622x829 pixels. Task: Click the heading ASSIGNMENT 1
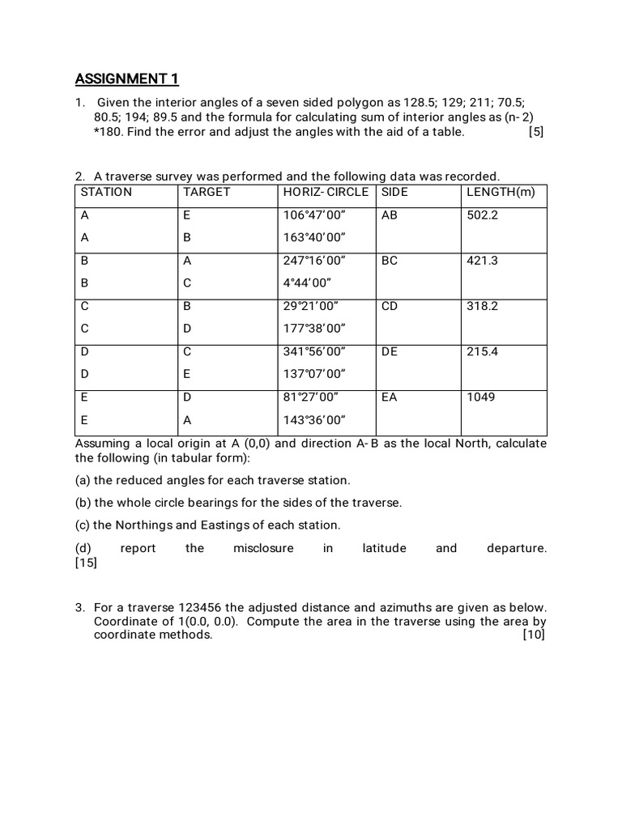pos(126,79)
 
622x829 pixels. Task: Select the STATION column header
pos(106,192)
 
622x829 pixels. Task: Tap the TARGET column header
pos(207,192)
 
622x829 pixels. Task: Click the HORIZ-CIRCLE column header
pos(326,192)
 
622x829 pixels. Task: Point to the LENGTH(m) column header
pos(501,192)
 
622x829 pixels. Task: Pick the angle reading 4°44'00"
pos(308,283)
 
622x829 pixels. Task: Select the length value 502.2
pos(483,215)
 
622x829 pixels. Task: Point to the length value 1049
pos(481,397)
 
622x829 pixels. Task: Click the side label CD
pos(390,307)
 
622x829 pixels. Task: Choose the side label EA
pos(390,397)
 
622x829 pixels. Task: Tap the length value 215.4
pos(483,352)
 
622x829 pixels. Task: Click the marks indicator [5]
pos(535,132)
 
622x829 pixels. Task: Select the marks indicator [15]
pos(86,563)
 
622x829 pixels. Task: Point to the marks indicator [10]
pos(535,636)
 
